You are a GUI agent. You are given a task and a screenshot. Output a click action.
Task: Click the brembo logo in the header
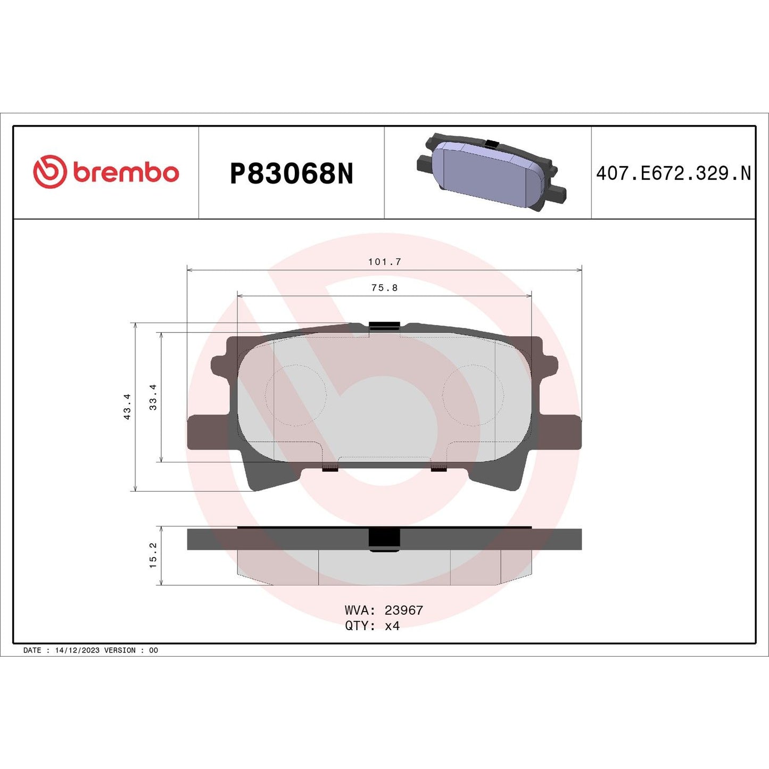pos(106,172)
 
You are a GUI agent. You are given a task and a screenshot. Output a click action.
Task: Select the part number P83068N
pos(291,173)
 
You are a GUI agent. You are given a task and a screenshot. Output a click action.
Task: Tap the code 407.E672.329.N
pos(673,173)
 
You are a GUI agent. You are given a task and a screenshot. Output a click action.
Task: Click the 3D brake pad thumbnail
pos(491,172)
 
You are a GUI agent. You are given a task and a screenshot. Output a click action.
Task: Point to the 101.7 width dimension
pos(384,262)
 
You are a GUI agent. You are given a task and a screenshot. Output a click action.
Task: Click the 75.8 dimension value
pos(384,288)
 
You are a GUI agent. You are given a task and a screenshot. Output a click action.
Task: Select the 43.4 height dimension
pos(127,407)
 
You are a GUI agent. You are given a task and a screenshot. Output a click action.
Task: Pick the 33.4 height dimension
pos(153,397)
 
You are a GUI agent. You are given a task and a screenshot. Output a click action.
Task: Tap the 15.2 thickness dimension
pos(153,555)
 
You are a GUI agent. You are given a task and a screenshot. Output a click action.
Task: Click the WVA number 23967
pos(403,610)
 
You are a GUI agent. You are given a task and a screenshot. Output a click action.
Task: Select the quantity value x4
pos(392,626)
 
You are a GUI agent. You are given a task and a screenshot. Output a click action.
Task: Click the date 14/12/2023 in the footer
pos(77,650)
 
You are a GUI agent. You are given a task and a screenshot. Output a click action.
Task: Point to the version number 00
pos(153,650)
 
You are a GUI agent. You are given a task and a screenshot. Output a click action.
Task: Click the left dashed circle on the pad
pos(295,395)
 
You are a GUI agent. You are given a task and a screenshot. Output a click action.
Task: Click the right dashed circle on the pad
pos(473,395)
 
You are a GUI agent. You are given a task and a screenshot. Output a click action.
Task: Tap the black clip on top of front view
pos(384,326)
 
